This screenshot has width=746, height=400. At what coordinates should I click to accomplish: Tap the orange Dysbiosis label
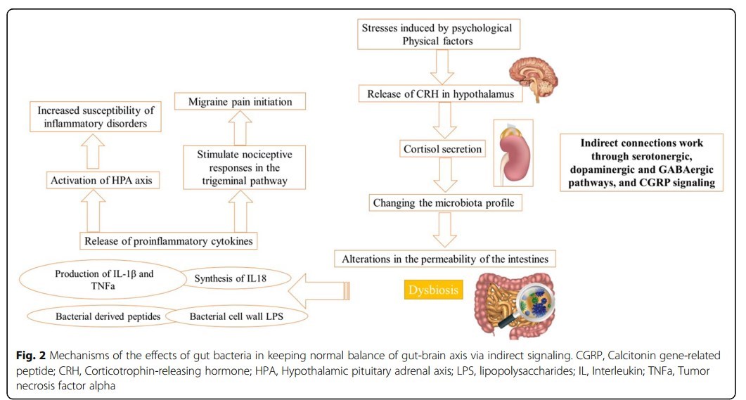click(433, 290)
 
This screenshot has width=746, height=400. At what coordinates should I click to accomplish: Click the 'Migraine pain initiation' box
click(240, 102)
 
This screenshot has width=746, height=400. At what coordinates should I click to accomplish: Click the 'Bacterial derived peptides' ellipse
click(108, 316)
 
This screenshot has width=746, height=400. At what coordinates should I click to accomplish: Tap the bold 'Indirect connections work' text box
click(642, 163)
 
